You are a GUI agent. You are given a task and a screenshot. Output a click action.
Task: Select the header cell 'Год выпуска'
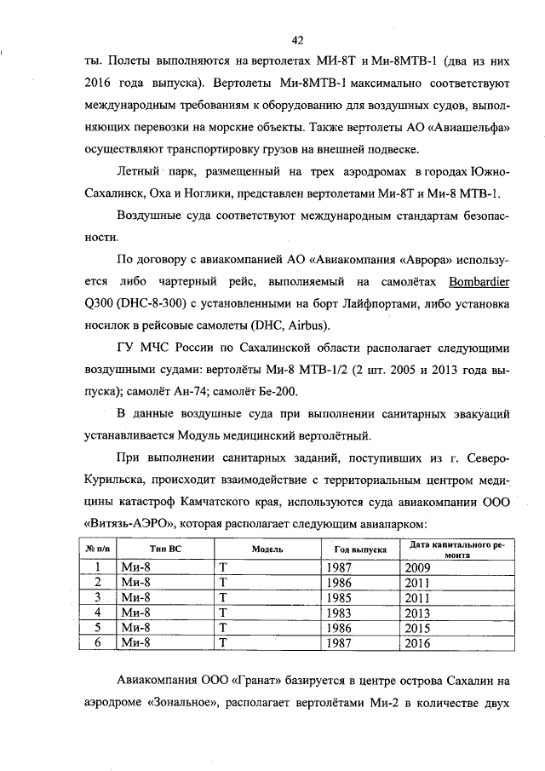[356, 550]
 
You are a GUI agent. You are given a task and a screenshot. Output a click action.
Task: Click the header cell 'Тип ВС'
[164, 550]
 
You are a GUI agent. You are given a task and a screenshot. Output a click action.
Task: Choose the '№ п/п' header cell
[98, 550]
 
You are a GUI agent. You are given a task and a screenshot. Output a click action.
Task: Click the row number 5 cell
[98, 628]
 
